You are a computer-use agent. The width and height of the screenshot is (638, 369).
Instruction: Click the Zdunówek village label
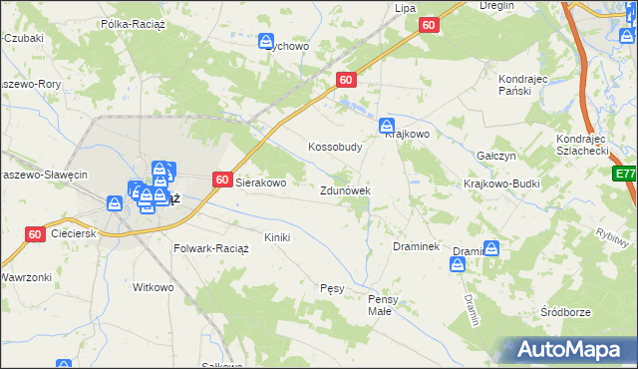[x=346, y=190]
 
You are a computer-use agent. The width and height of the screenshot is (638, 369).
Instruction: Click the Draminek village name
[x=416, y=245]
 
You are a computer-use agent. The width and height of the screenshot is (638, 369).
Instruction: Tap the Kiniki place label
[x=276, y=237]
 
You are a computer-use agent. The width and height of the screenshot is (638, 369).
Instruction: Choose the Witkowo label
[x=154, y=287]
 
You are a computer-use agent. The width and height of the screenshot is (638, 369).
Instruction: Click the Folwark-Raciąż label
[x=210, y=247]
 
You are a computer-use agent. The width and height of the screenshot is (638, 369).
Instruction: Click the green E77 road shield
[x=626, y=174]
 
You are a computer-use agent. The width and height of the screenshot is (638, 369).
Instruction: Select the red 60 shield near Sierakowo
[x=223, y=180]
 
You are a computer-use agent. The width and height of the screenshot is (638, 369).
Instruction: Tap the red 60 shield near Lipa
[x=429, y=25]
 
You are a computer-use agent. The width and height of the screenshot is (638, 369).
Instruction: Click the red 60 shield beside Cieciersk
[x=35, y=234]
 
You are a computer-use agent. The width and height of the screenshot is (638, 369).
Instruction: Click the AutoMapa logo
[x=568, y=350]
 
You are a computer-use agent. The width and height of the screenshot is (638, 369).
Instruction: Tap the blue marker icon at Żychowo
[x=266, y=42]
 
